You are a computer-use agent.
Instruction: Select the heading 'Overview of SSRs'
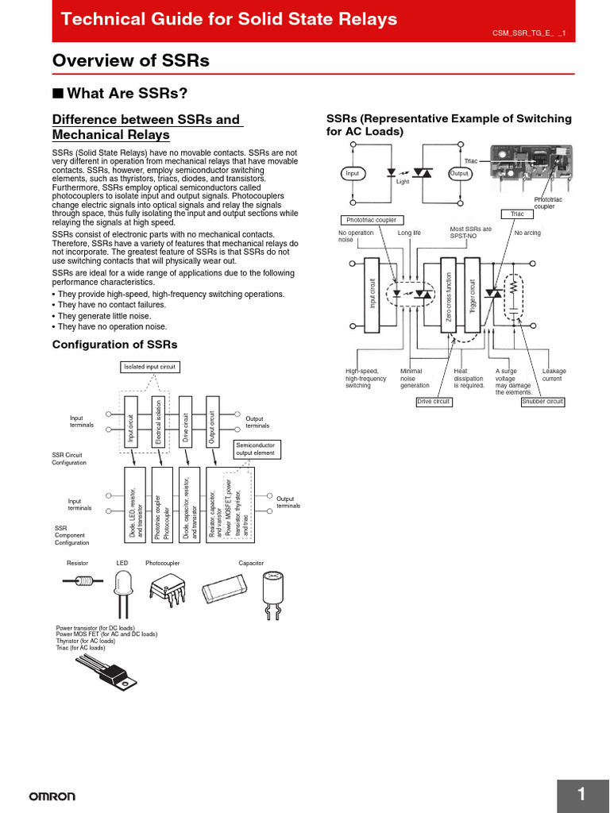pos(130,61)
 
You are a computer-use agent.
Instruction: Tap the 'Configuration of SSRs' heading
pos(114,345)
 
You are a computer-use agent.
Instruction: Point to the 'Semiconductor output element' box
pos(254,450)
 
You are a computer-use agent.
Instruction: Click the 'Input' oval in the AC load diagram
pos(352,173)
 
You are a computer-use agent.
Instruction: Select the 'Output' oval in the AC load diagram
pos(459,173)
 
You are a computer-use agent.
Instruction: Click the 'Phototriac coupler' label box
pos(371,220)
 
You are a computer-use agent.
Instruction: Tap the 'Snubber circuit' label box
pos(542,402)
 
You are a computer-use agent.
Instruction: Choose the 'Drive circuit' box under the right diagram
pos(434,402)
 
